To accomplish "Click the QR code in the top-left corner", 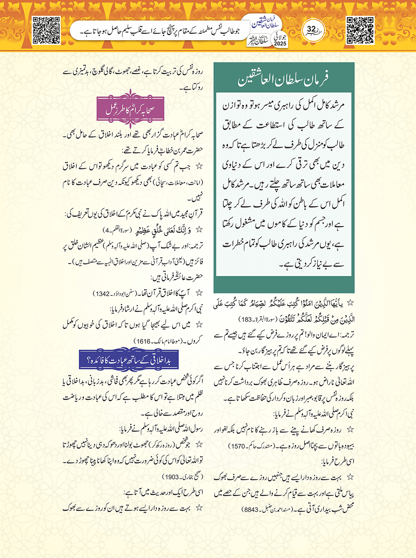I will pos(46,30).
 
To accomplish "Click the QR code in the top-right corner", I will pos(360,30).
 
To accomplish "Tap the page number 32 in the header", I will pos(311,29).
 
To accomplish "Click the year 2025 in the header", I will pos(280,43).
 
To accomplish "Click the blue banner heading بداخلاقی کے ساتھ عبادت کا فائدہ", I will pos(129,359).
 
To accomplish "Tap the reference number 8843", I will pos(249,509).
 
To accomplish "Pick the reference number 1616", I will pos(142,341).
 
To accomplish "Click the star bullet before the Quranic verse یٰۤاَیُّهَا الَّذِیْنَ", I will pos(350,303).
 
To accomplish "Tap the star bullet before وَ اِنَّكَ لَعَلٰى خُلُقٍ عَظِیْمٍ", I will pos(199,230).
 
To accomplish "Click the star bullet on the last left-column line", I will pos(199,508).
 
